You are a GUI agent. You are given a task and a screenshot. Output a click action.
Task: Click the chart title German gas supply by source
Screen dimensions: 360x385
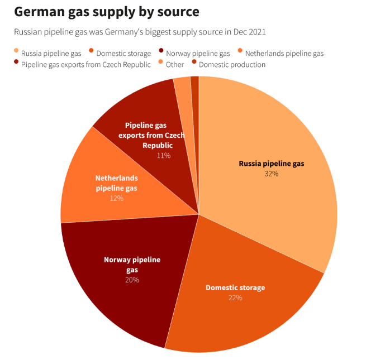tap(106, 12)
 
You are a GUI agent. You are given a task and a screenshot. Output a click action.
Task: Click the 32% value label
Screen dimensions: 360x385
tap(272, 174)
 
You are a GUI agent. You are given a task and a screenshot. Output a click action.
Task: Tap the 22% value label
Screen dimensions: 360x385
tap(235, 297)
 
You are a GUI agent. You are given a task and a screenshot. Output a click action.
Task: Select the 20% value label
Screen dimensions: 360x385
tap(132, 280)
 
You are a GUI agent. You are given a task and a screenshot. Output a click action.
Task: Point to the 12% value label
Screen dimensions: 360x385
tap(116, 198)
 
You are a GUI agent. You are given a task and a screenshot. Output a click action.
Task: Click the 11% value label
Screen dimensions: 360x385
tap(164, 155)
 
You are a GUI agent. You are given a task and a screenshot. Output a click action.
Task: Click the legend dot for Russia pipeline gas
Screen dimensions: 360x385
tap(16, 53)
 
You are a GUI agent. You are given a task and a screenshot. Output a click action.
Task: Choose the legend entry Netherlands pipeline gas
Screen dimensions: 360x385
tap(284, 54)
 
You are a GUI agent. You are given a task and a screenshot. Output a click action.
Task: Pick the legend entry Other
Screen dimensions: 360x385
tap(174, 65)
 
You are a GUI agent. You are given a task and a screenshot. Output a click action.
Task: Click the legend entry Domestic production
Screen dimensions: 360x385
tap(232, 65)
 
